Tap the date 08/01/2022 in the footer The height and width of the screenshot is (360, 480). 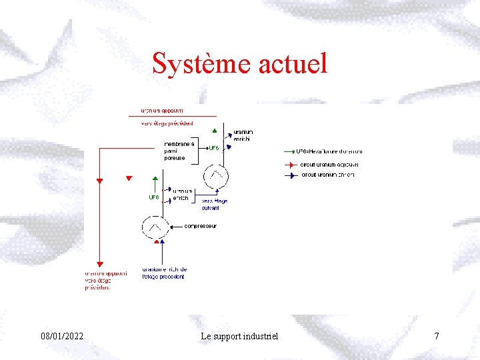[x=62, y=336]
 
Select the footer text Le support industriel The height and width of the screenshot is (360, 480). [x=239, y=336]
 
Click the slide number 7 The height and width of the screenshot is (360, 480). [x=437, y=336]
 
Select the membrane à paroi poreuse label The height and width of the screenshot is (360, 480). [x=179, y=151]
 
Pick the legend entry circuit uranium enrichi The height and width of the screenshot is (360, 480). [x=328, y=175]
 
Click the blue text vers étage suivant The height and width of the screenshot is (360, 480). [x=214, y=204]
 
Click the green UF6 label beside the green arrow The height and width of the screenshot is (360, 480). [x=153, y=197]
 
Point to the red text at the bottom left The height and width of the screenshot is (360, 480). [x=105, y=280]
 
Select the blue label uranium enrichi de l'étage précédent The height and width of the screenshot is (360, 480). [x=164, y=273]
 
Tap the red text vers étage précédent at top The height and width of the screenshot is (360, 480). [x=167, y=123]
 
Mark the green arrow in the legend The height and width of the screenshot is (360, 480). [x=288, y=152]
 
